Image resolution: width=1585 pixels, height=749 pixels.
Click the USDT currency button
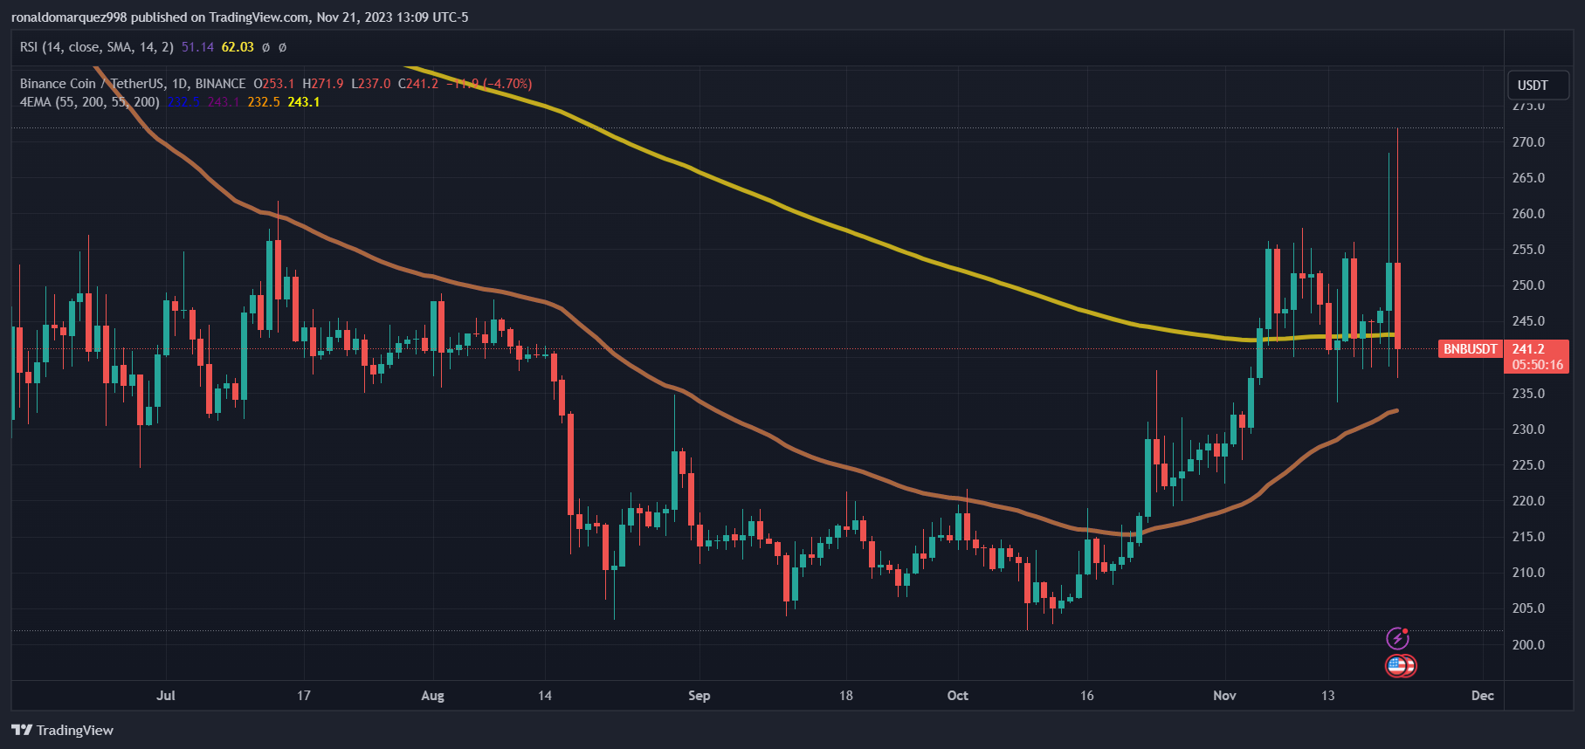[x=1537, y=86]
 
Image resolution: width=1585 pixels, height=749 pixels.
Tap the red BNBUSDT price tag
[x=1470, y=349]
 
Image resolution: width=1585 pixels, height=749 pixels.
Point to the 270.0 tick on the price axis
[x=1528, y=142]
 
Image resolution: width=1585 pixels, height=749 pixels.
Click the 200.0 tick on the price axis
[x=1528, y=645]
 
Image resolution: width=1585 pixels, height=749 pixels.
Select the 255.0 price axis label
[x=1528, y=250]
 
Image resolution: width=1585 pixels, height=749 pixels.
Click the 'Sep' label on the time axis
[x=699, y=696]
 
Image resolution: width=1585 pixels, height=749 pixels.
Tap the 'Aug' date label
[x=432, y=696]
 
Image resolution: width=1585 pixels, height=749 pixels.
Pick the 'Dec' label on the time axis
[x=1482, y=696]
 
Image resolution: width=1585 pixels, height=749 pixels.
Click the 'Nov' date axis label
[x=1224, y=696]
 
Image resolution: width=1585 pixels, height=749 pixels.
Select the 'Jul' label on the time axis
[x=166, y=696]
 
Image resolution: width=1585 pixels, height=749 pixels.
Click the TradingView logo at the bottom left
[x=63, y=731]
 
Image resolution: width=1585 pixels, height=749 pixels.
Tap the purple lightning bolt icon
[x=1397, y=639]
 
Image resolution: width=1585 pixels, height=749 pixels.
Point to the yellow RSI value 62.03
[x=238, y=47]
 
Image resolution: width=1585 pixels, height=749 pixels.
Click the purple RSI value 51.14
[x=197, y=47]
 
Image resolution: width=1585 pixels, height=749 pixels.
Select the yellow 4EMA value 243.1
[x=303, y=102]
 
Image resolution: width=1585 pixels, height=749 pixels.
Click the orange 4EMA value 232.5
[x=264, y=102]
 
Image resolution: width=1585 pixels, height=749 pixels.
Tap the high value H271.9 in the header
[x=323, y=84]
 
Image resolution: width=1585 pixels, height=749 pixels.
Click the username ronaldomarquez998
[x=69, y=17]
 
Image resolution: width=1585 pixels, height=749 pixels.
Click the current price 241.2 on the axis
[x=1528, y=349]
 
